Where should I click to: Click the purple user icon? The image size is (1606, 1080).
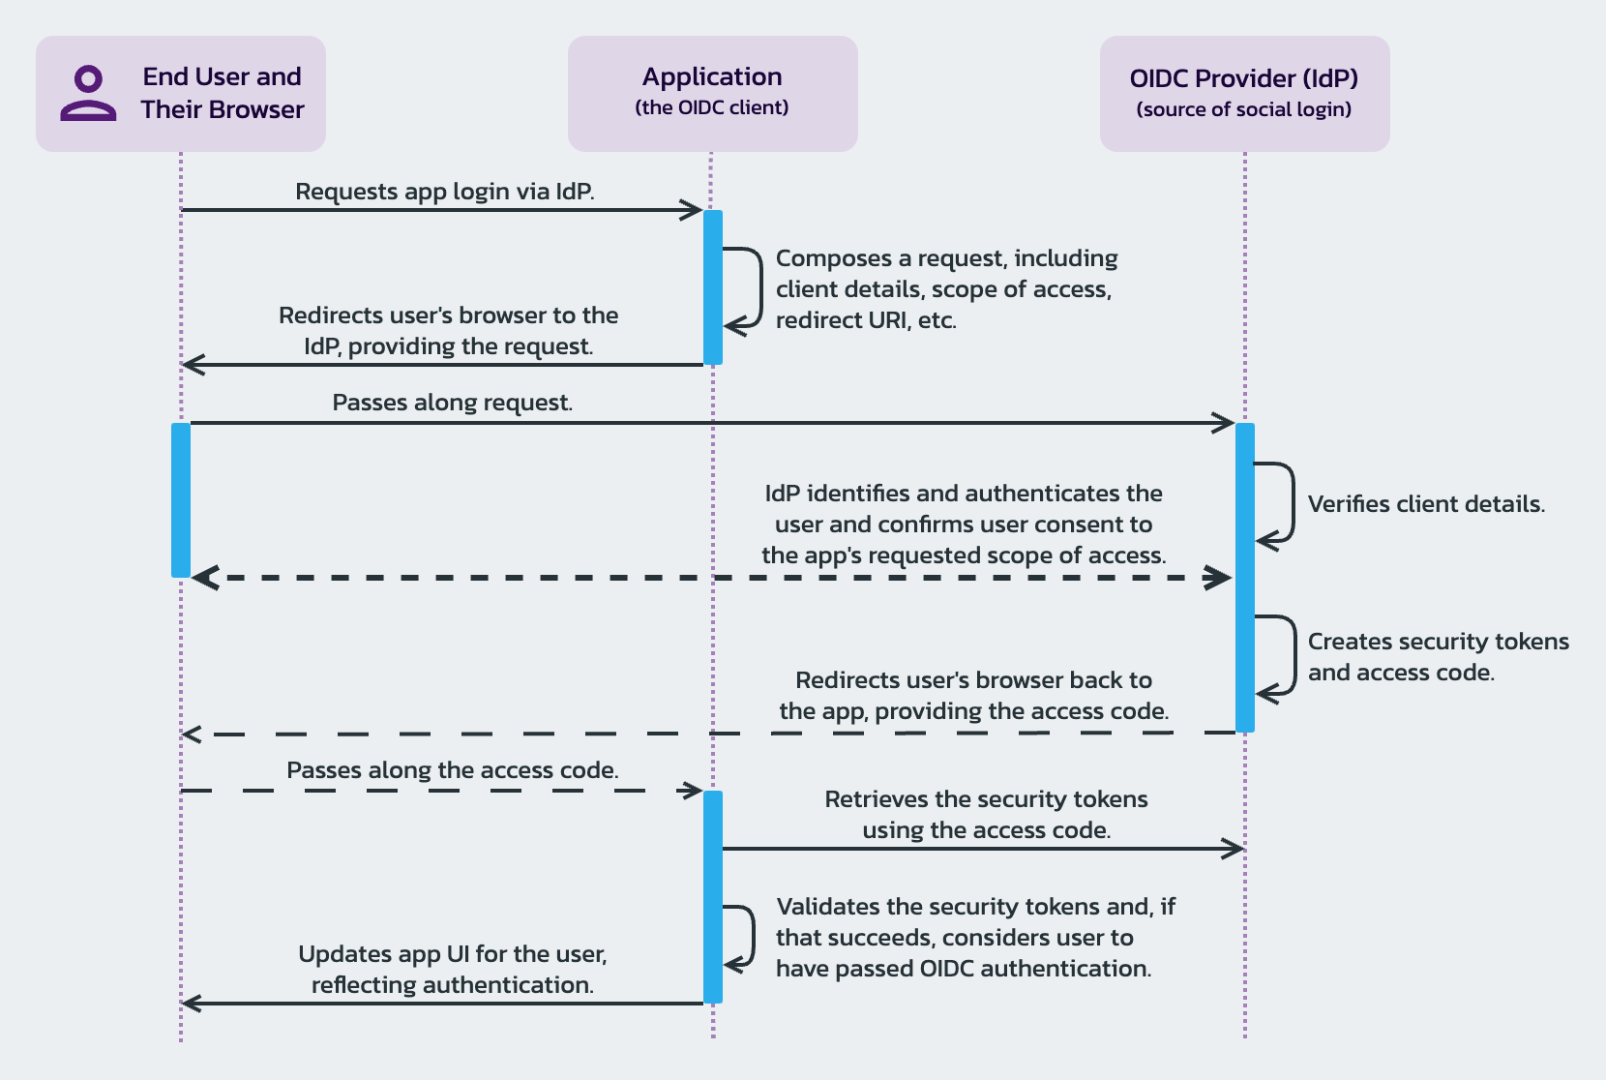click(88, 94)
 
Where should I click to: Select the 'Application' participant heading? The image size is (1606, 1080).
click(712, 77)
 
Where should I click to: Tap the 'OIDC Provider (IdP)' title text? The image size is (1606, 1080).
click(1244, 78)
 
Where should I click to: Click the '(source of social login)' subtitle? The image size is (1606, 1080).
click(1244, 109)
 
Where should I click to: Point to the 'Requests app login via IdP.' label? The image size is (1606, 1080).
click(444, 192)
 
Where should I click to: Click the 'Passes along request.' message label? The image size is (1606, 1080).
click(452, 403)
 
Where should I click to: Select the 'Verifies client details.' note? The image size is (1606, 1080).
click(1426, 504)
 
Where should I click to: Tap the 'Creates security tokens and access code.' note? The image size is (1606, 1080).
click(1438, 657)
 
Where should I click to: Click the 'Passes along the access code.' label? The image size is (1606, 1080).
click(452, 770)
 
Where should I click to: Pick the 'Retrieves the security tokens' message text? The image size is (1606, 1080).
click(986, 799)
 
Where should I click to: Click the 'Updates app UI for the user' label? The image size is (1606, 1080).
click(452, 954)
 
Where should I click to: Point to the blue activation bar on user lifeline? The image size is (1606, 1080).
click(181, 500)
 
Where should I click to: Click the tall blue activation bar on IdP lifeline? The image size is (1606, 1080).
click(1245, 578)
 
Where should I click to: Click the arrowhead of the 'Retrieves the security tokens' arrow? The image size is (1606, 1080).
click(1234, 849)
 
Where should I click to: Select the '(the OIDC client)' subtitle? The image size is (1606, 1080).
click(712, 107)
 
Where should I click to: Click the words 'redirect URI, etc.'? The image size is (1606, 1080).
click(866, 320)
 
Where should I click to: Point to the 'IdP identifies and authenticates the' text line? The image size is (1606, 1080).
click(964, 494)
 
